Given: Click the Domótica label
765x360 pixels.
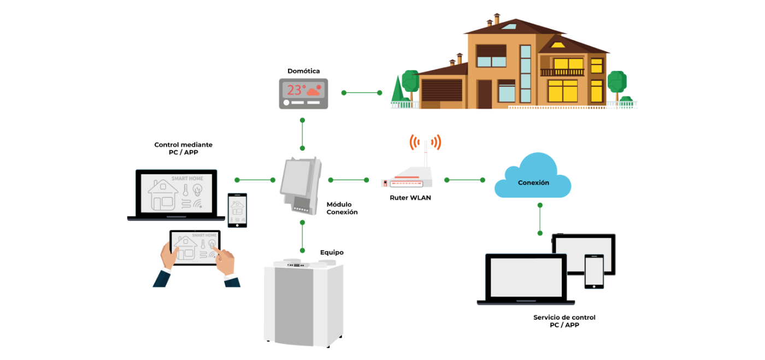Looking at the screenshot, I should click(303, 71).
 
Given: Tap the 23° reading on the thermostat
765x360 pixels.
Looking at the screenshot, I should click(297, 90).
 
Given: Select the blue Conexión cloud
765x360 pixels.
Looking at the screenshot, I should click(533, 178).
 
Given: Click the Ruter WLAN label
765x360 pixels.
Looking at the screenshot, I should click(410, 198).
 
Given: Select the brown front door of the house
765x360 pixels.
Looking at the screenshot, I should click(485, 94).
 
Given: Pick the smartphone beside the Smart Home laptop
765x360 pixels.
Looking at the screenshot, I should click(237, 210).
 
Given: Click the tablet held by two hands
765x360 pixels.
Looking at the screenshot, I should click(195, 246).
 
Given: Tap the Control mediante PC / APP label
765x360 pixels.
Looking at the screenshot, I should click(183, 149).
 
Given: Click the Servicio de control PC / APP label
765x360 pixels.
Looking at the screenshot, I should click(564, 321).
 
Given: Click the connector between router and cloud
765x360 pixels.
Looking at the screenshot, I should click(464, 180).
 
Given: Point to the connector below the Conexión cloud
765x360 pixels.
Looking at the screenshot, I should click(540, 219).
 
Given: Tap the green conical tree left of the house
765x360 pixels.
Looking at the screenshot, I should click(397, 90).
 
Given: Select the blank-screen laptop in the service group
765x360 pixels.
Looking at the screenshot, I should click(527, 279).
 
